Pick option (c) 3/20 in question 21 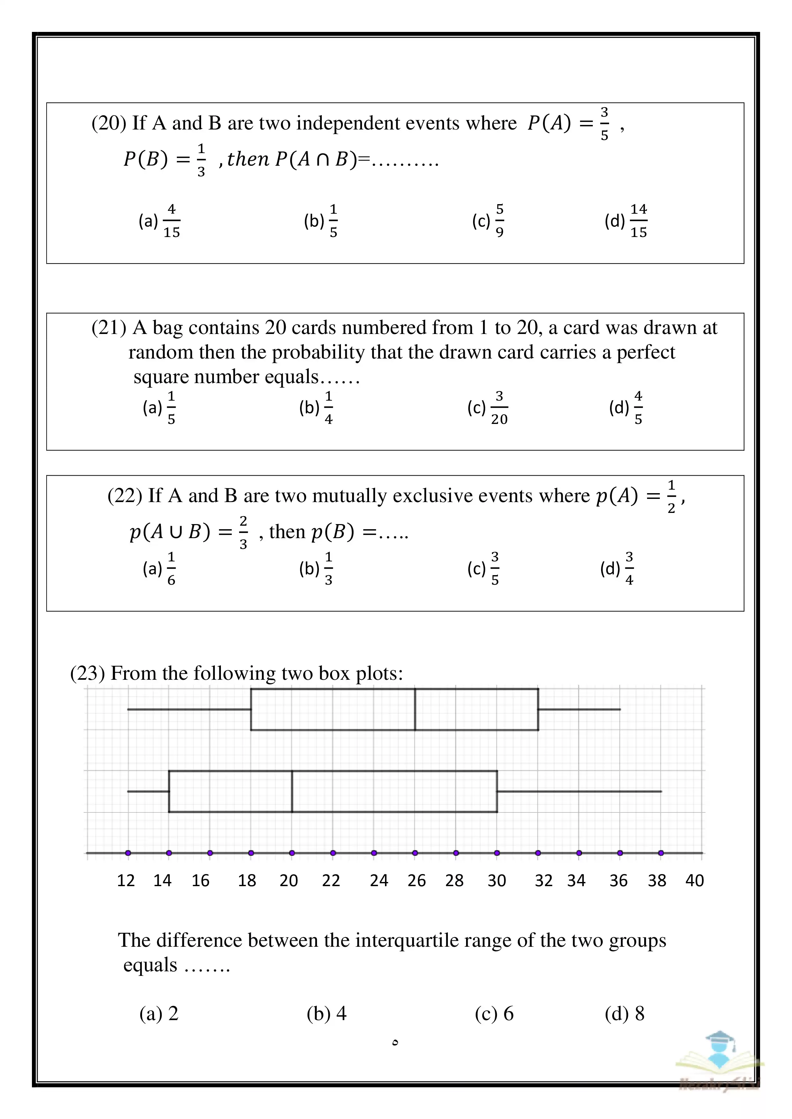(488, 407)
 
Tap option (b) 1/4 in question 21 (316, 407)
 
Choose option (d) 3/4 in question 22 (617, 568)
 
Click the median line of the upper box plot (415, 709)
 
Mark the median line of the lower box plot (292, 791)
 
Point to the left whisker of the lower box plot (148, 791)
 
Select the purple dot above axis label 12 (128, 853)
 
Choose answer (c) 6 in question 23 (494, 1014)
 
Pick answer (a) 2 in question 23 (159, 1014)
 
